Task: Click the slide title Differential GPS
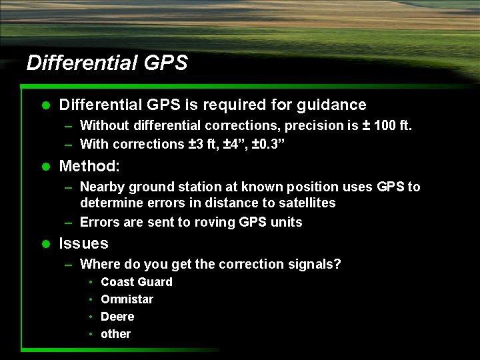click(x=107, y=63)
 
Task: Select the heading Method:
click(x=89, y=165)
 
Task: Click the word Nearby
click(x=103, y=187)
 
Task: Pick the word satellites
click(x=303, y=203)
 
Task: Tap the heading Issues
click(x=83, y=243)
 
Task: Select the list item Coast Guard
click(x=136, y=282)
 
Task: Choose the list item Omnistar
click(x=127, y=299)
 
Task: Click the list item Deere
click(x=117, y=317)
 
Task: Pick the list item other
click(x=115, y=334)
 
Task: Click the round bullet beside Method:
click(x=46, y=166)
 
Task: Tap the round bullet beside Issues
click(x=46, y=244)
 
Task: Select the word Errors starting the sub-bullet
click(x=99, y=222)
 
